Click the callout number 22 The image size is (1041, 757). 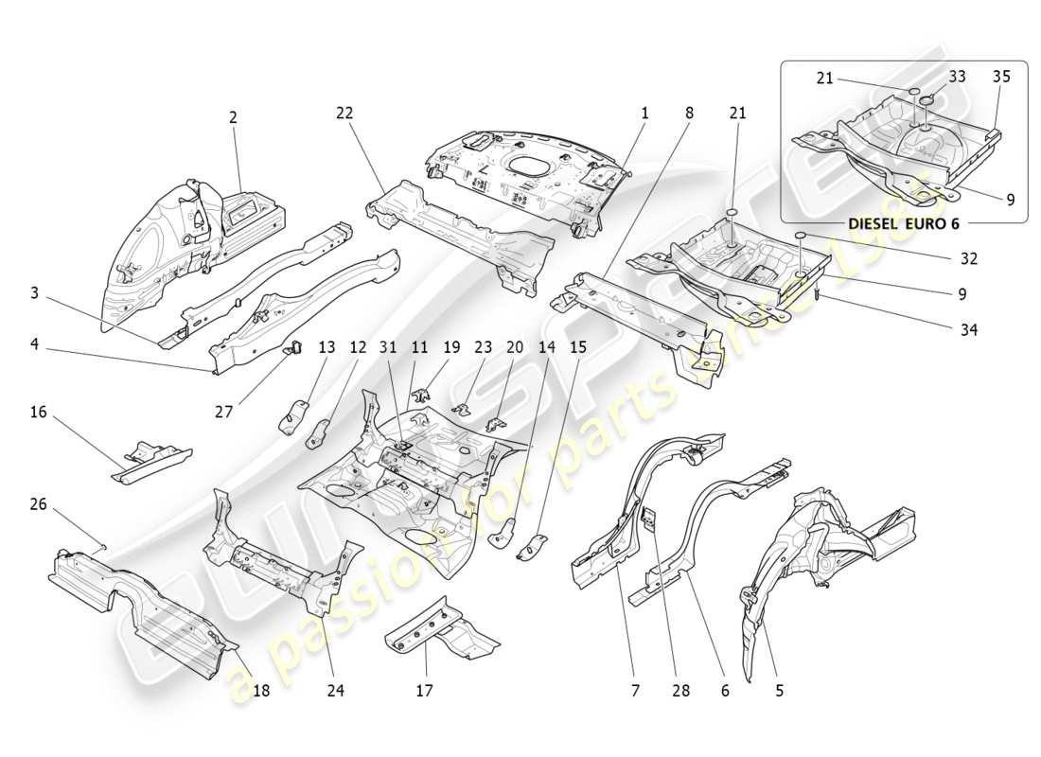click(x=344, y=113)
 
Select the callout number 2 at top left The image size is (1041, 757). click(x=233, y=118)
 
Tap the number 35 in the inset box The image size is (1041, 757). click(x=1001, y=77)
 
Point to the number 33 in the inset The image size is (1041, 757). click(x=957, y=77)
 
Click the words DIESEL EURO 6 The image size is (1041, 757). click(x=904, y=224)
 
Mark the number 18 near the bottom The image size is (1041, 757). click(x=261, y=691)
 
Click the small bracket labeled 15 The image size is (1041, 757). click(x=534, y=547)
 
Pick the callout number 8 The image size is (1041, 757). click(x=689, y=113)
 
